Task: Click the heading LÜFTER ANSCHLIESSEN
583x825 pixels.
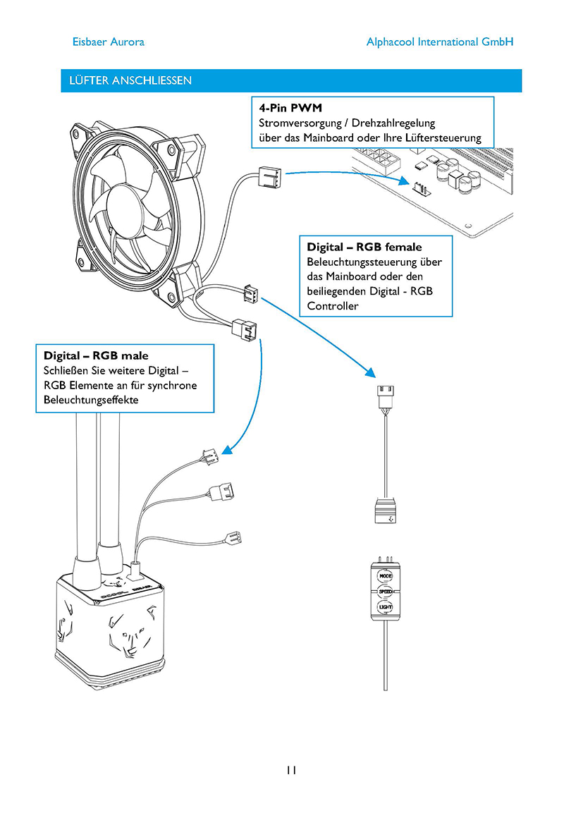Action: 130,80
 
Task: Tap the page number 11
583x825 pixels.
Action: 292,770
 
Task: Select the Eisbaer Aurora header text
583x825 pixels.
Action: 109,42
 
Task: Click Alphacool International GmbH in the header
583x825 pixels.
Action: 440,42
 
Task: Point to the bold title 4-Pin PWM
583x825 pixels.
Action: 290,108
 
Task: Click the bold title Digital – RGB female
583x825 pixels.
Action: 364,247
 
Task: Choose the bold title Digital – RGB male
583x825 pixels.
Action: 96,355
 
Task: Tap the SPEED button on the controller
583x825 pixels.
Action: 386,592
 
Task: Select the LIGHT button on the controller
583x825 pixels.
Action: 386,607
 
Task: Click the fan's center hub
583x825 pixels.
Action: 130,208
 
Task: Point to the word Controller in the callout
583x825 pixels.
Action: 333,306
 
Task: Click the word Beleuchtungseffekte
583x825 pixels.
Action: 91,399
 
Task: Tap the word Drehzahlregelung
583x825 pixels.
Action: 393,123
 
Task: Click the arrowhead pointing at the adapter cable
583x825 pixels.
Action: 370,372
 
